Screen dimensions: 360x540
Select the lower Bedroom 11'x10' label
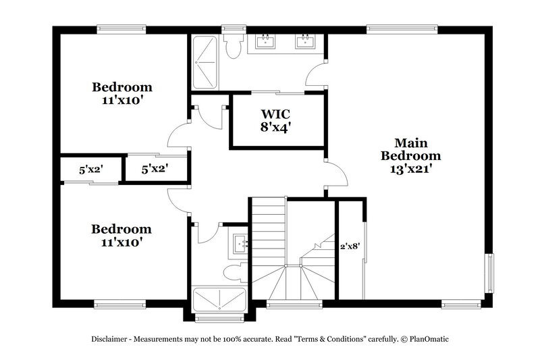[122, 235]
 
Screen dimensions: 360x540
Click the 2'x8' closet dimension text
[350, 247]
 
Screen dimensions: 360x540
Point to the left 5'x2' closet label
[90, 170]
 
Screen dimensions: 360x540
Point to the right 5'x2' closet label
[155, 169]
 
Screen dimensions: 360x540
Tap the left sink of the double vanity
[265, 43]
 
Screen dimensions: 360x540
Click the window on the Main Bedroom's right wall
[490, 274]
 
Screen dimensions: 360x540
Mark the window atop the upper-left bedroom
[122, 29]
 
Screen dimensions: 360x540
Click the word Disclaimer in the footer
[113, 339]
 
